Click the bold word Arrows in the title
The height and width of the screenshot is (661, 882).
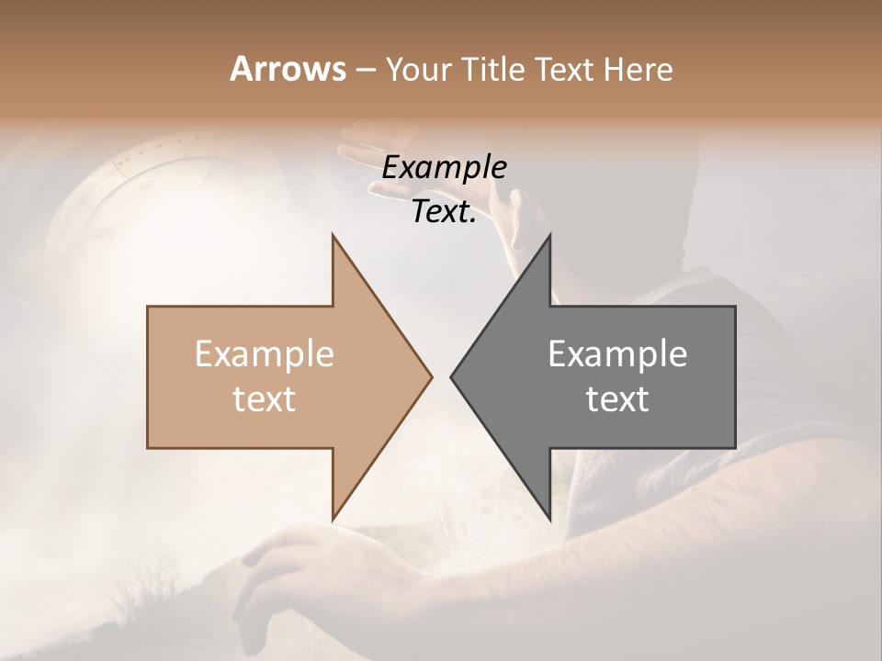pos(288,69)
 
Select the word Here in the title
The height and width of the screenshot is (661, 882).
pos(638,70)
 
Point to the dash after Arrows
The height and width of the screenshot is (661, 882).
pos(365,71)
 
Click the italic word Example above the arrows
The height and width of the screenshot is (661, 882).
pos(444,168)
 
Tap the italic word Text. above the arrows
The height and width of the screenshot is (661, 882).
pos(444,212)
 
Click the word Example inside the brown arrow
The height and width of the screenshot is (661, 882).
pos(265,354)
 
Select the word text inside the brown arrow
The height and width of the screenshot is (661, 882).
pos(265,399)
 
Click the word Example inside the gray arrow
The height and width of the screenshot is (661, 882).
pos(617,354)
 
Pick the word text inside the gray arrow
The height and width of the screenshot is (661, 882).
pos(617,399)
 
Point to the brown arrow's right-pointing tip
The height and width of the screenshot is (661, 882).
pos(430,376)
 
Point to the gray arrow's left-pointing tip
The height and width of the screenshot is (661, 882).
pos(452,376)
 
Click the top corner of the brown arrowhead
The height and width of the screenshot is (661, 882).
pos(333,236)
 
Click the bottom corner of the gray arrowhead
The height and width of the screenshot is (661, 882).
pos(549,518)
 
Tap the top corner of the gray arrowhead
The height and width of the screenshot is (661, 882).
pos(549,236)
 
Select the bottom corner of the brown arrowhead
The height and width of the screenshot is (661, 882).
pos(333,518)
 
